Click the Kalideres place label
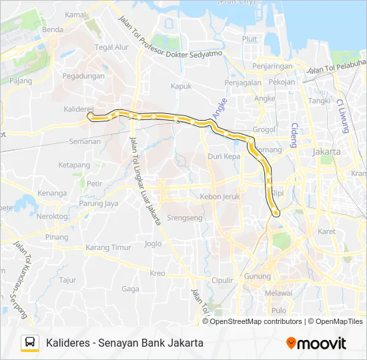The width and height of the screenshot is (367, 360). click(78, 108)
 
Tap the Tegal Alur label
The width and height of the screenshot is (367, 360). click(111, 47)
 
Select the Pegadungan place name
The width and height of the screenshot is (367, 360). click(83, 77)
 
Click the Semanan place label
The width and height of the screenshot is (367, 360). click(85, 141)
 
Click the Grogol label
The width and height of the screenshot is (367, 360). click(265, 129)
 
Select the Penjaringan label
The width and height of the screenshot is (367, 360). click(274, 67)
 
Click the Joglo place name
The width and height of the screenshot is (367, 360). click(153, 243)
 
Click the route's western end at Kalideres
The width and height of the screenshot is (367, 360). click(90, 116)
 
